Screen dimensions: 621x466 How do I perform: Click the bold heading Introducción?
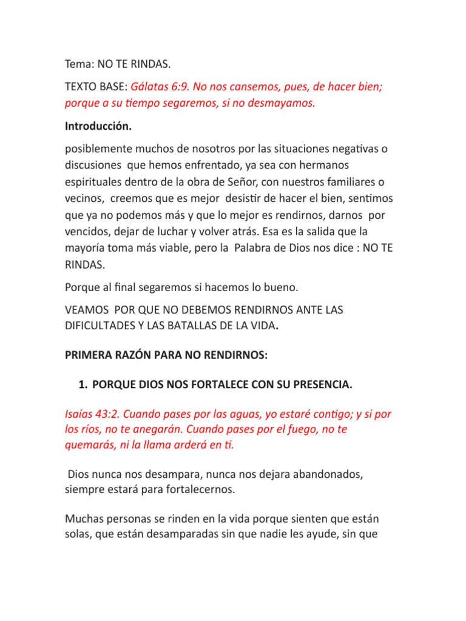98,127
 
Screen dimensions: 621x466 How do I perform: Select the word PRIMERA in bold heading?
89,355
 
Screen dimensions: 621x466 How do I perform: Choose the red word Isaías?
81,414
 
